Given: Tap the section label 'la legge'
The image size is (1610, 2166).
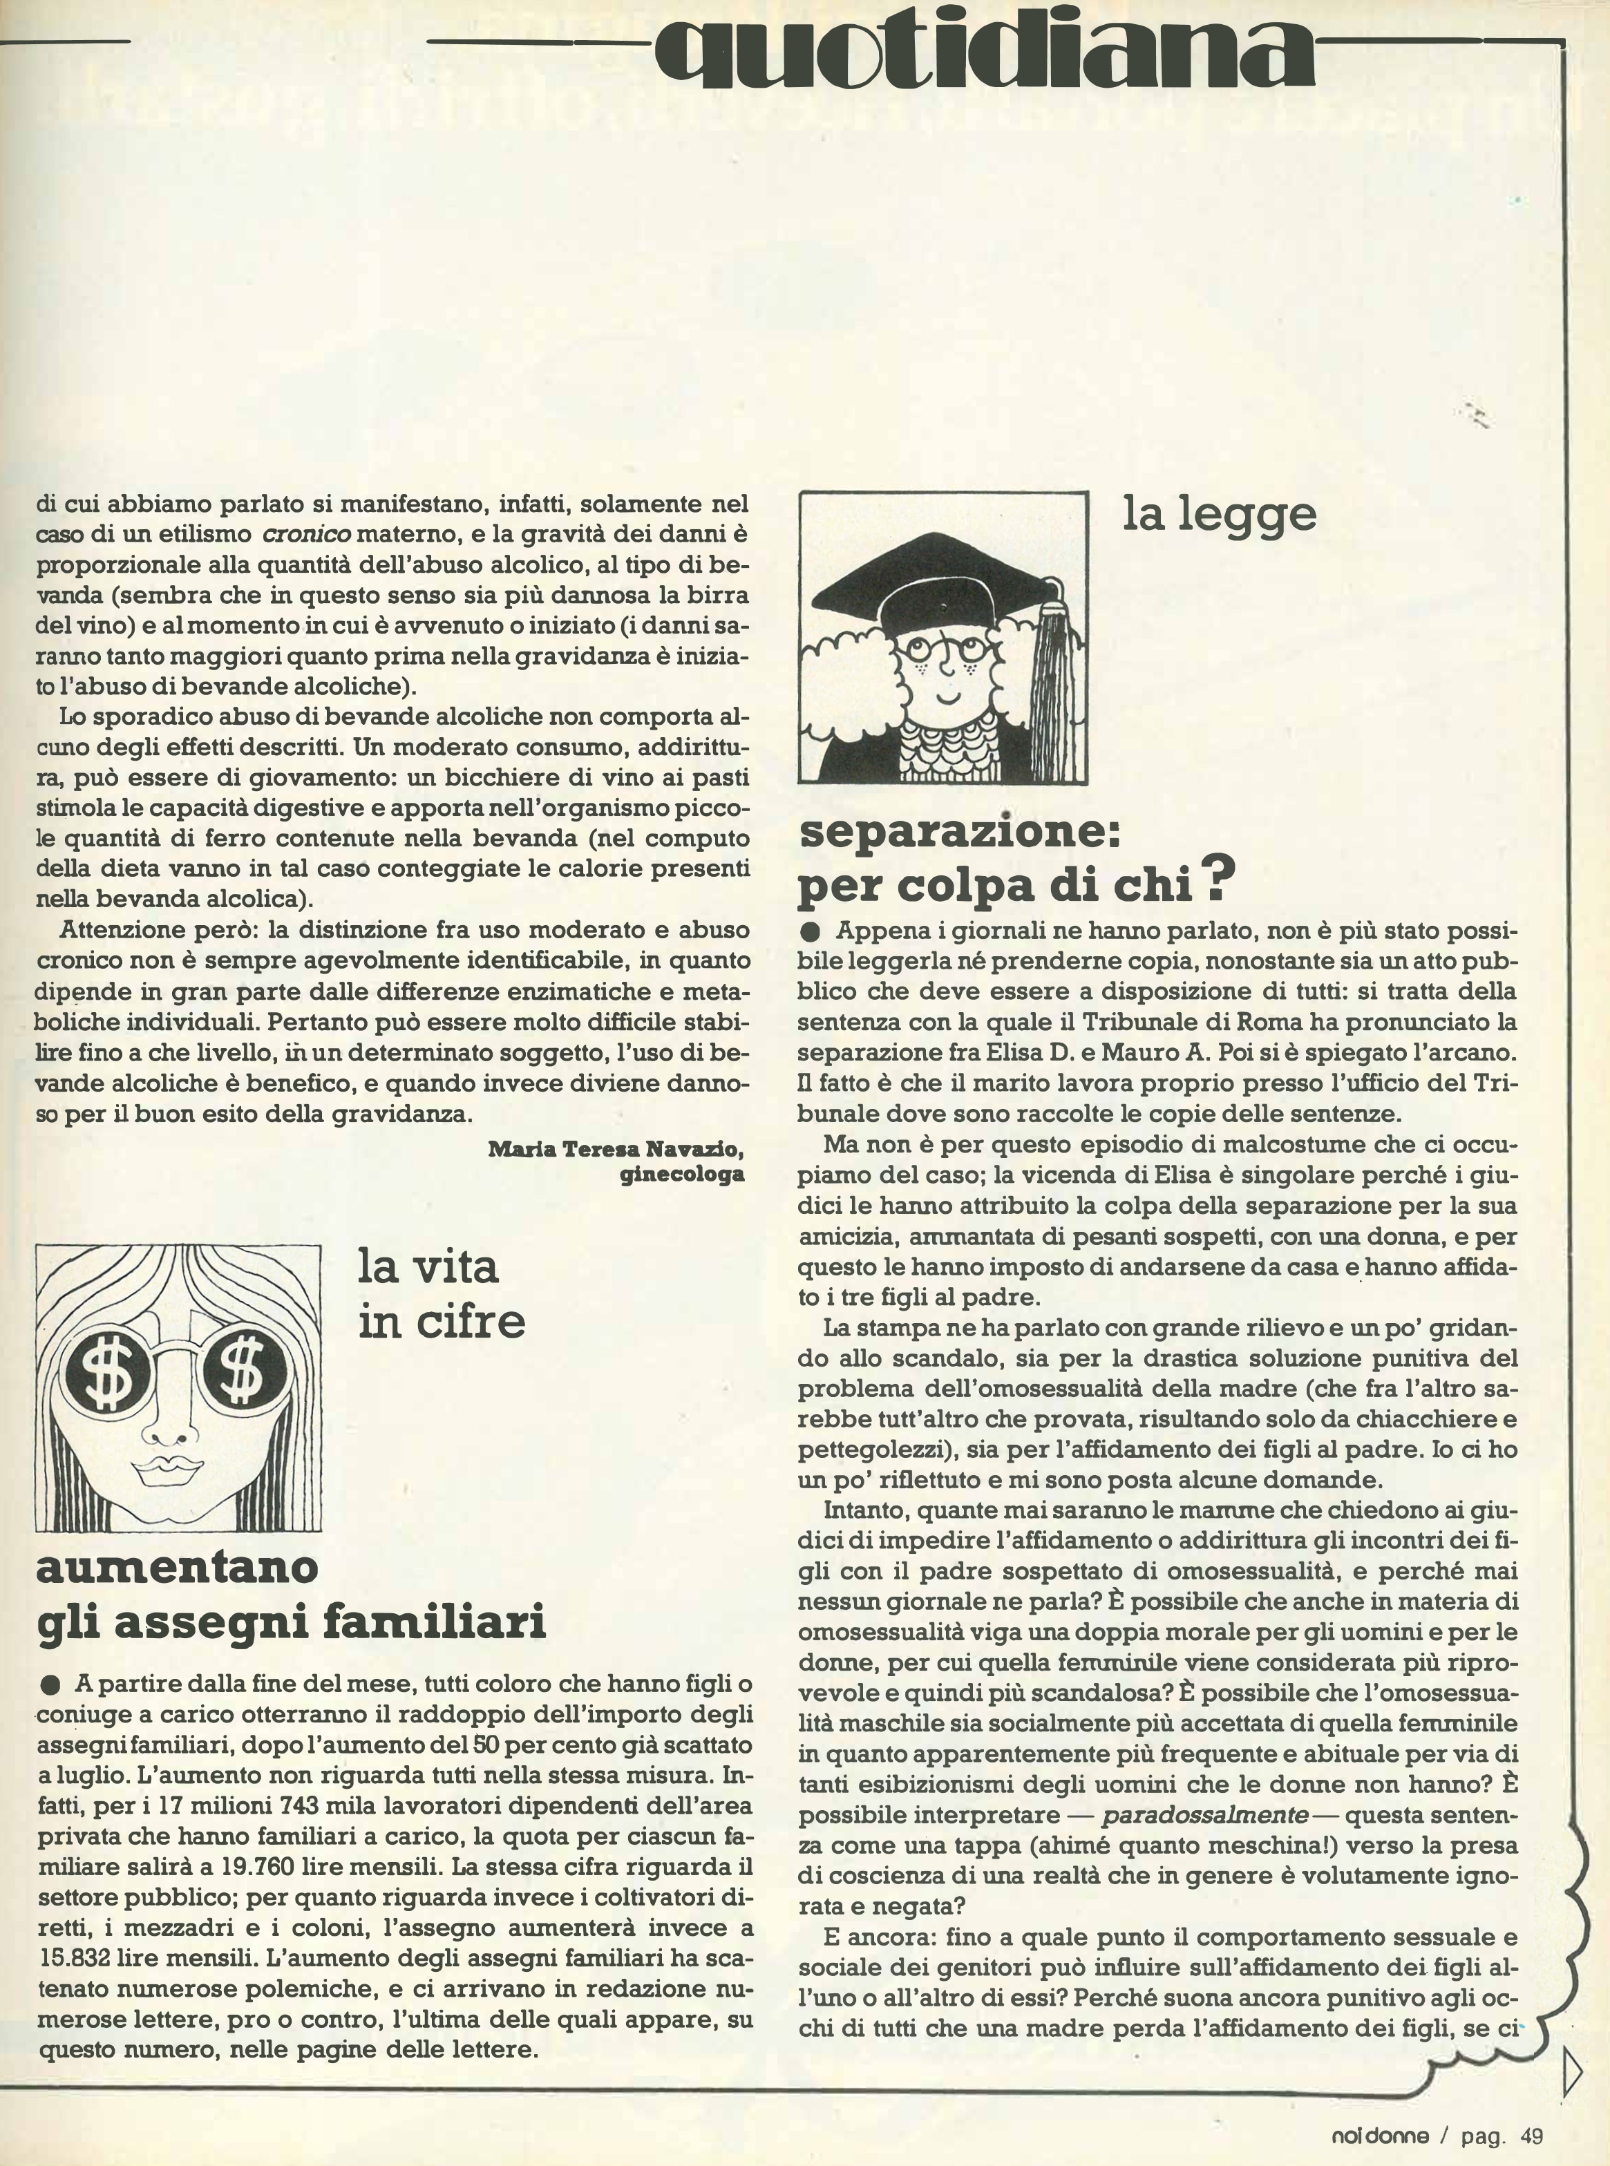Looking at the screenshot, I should [x=1218, y=513].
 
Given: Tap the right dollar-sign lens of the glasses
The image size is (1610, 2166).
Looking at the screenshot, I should [x=240, y=1375].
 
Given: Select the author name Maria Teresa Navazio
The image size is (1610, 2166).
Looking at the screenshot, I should [x=615, y=1149].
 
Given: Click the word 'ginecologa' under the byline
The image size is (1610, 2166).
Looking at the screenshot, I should [x=681, y=1174].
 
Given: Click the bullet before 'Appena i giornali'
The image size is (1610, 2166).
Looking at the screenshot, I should [x=810, y=931].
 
